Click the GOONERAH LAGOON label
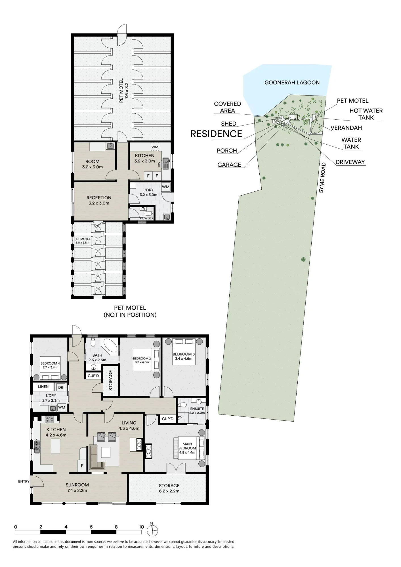[292, 82]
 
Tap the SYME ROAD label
[322, 178]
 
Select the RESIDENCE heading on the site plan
[216, 134]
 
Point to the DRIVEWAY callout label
[350, 162]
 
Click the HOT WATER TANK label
[366, 114]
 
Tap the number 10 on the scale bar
[141, 527]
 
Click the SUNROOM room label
[77, 485]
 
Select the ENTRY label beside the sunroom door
[24, 481]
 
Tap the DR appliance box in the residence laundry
[61, 388]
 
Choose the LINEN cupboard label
[43, 386]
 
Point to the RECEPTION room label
[99, 198]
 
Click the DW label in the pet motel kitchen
[159, 164]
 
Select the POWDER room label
[147, 218]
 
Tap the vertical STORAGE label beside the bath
[111, 380]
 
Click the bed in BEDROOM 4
[50, 368]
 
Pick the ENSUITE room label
[197, 409]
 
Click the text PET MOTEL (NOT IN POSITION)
[130, 311]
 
